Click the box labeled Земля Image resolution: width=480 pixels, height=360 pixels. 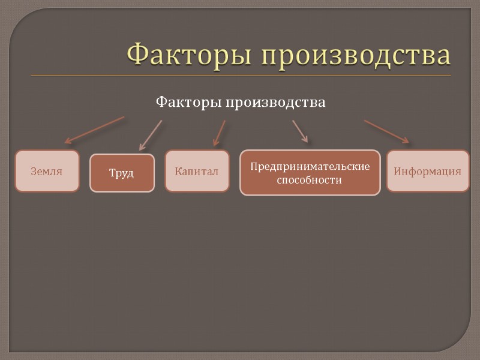click(47, 171)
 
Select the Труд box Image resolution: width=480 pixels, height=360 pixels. click(122, 173)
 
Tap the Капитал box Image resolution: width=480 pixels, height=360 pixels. click(197, 171)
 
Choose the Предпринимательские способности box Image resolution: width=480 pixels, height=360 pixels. click(310, 173)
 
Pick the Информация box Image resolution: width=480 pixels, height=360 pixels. click(427, 171)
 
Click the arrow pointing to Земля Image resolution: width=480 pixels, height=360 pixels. click(94, 130)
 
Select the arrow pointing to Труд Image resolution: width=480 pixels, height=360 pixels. click(151, 135)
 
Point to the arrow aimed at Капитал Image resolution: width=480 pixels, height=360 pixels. click(220, 133)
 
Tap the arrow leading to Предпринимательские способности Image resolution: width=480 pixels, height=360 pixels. click(300, 131)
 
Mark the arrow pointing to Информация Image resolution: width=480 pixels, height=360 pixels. click(386, 131)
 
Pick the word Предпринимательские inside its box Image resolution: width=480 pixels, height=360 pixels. click(310, 166)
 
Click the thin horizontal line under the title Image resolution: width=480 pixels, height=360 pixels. click(240, 76)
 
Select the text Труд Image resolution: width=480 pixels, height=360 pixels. click(122, 173)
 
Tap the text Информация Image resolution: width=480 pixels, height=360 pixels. click(427, 171)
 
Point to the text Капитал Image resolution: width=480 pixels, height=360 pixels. click(197, 172)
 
